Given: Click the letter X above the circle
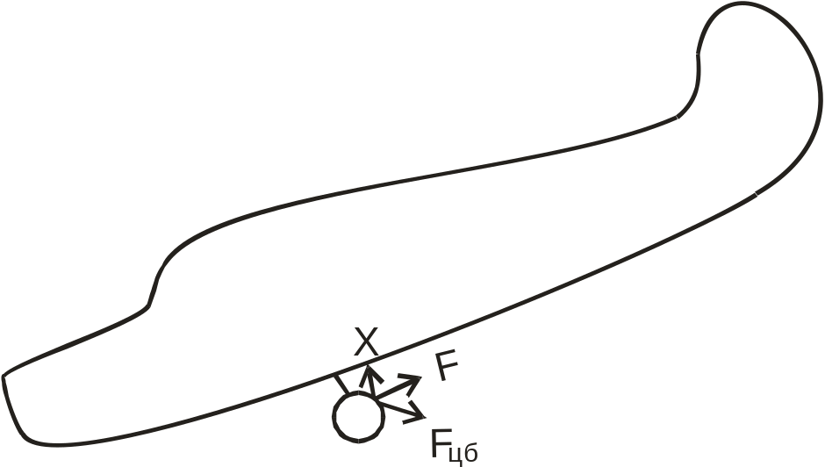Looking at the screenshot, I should pyautogui.click(x=367, y=341).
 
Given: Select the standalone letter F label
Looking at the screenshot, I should pyautogui.click(x=447, y=368).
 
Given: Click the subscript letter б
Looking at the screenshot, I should pyautogui.click(x=470, y=451).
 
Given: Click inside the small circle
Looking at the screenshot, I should pyautogui.click(x=357, y=418).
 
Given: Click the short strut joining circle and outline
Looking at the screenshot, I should pyautogui.click(x=341, y=384).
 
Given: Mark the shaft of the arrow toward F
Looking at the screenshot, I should pyautogui.click(x=393, y=391).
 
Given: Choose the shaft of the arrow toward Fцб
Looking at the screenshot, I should pyautogui.click(x=395, y=407).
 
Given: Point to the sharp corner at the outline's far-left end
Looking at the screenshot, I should pyautogui.click(x=4, y=377).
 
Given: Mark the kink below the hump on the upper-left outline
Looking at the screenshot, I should pyautogui.click(x=147, y=307).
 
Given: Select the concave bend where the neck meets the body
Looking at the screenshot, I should pyautogui.click(x=680, y=115).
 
